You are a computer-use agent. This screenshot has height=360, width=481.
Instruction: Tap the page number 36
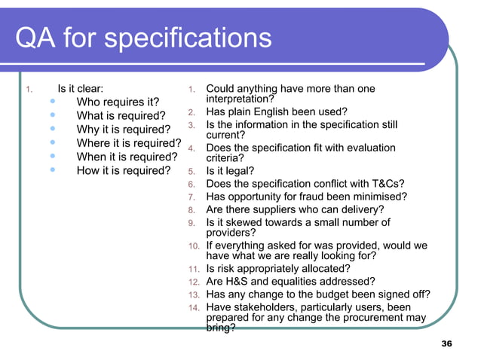[x=446, y=344]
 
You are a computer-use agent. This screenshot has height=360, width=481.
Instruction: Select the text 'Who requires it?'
[x=118, y=102]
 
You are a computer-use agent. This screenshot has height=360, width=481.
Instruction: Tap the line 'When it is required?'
[x=127, y=157]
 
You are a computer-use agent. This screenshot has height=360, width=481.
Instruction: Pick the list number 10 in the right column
[x=192, y=246]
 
